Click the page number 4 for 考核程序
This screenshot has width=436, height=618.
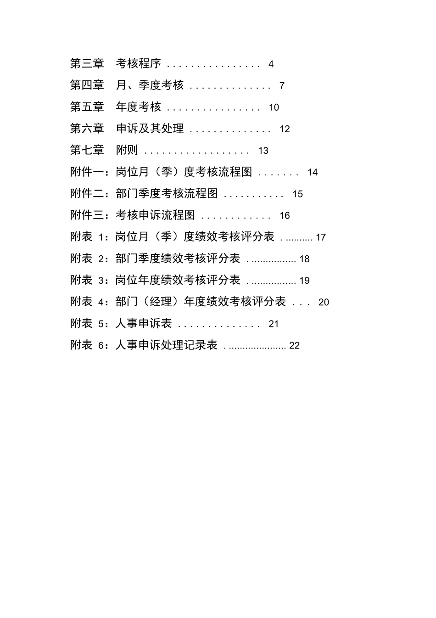271,64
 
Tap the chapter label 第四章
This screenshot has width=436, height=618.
87,85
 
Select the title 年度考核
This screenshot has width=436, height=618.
139,107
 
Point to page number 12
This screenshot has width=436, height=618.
285,129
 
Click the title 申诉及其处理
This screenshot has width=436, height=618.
150,129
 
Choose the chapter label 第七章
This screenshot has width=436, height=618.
87,150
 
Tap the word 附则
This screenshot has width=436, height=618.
127,150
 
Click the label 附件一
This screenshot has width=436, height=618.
87,172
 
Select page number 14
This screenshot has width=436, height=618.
313,173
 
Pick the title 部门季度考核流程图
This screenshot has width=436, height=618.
167,193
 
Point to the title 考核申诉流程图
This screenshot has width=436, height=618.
156,215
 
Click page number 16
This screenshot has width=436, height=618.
285,216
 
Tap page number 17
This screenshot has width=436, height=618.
321,237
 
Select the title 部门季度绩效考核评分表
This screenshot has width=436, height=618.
178,258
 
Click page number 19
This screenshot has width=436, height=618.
305,281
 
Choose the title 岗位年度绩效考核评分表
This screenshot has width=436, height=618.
178,280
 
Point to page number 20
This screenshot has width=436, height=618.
324,302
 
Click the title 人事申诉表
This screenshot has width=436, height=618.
144,323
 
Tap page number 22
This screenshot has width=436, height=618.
294,346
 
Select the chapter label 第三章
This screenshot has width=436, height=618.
87,64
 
